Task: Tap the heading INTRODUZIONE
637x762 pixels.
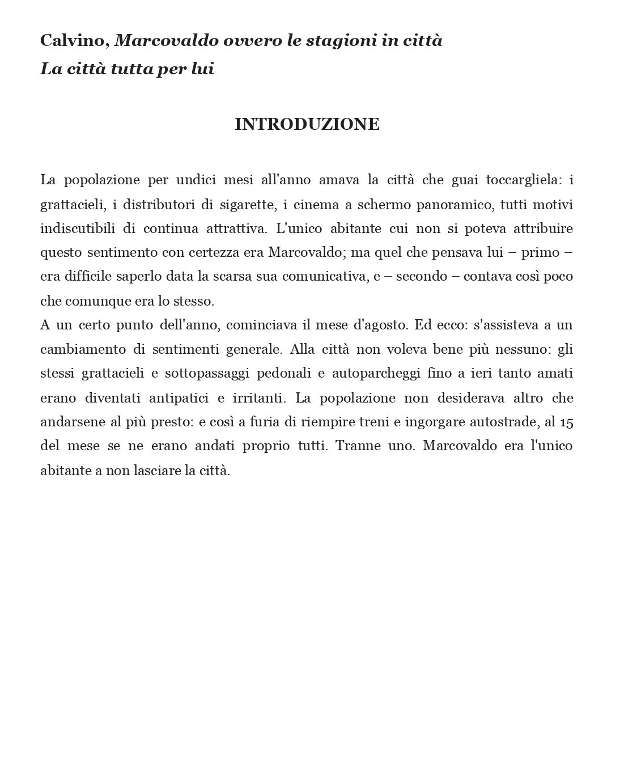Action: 307,124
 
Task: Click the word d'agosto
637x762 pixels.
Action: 380,325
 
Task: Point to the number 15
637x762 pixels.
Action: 566,422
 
